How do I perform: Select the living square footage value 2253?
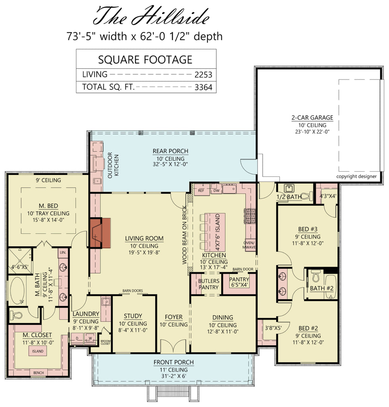click(x=203, y=74)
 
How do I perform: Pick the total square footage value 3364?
click(x=203, y=87)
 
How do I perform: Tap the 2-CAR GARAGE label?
click(x=312, y=118)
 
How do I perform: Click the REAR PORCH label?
click(x=170, y=151)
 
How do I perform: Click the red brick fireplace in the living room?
click(x=101, y=233)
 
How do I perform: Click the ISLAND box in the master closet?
click(x=38, y=351)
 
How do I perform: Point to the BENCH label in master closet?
click(x=39, y=372)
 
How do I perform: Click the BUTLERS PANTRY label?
click(x=208, y=284)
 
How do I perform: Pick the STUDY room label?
click(x=133, y=316)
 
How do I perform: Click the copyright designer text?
click(x=356, y=176)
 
